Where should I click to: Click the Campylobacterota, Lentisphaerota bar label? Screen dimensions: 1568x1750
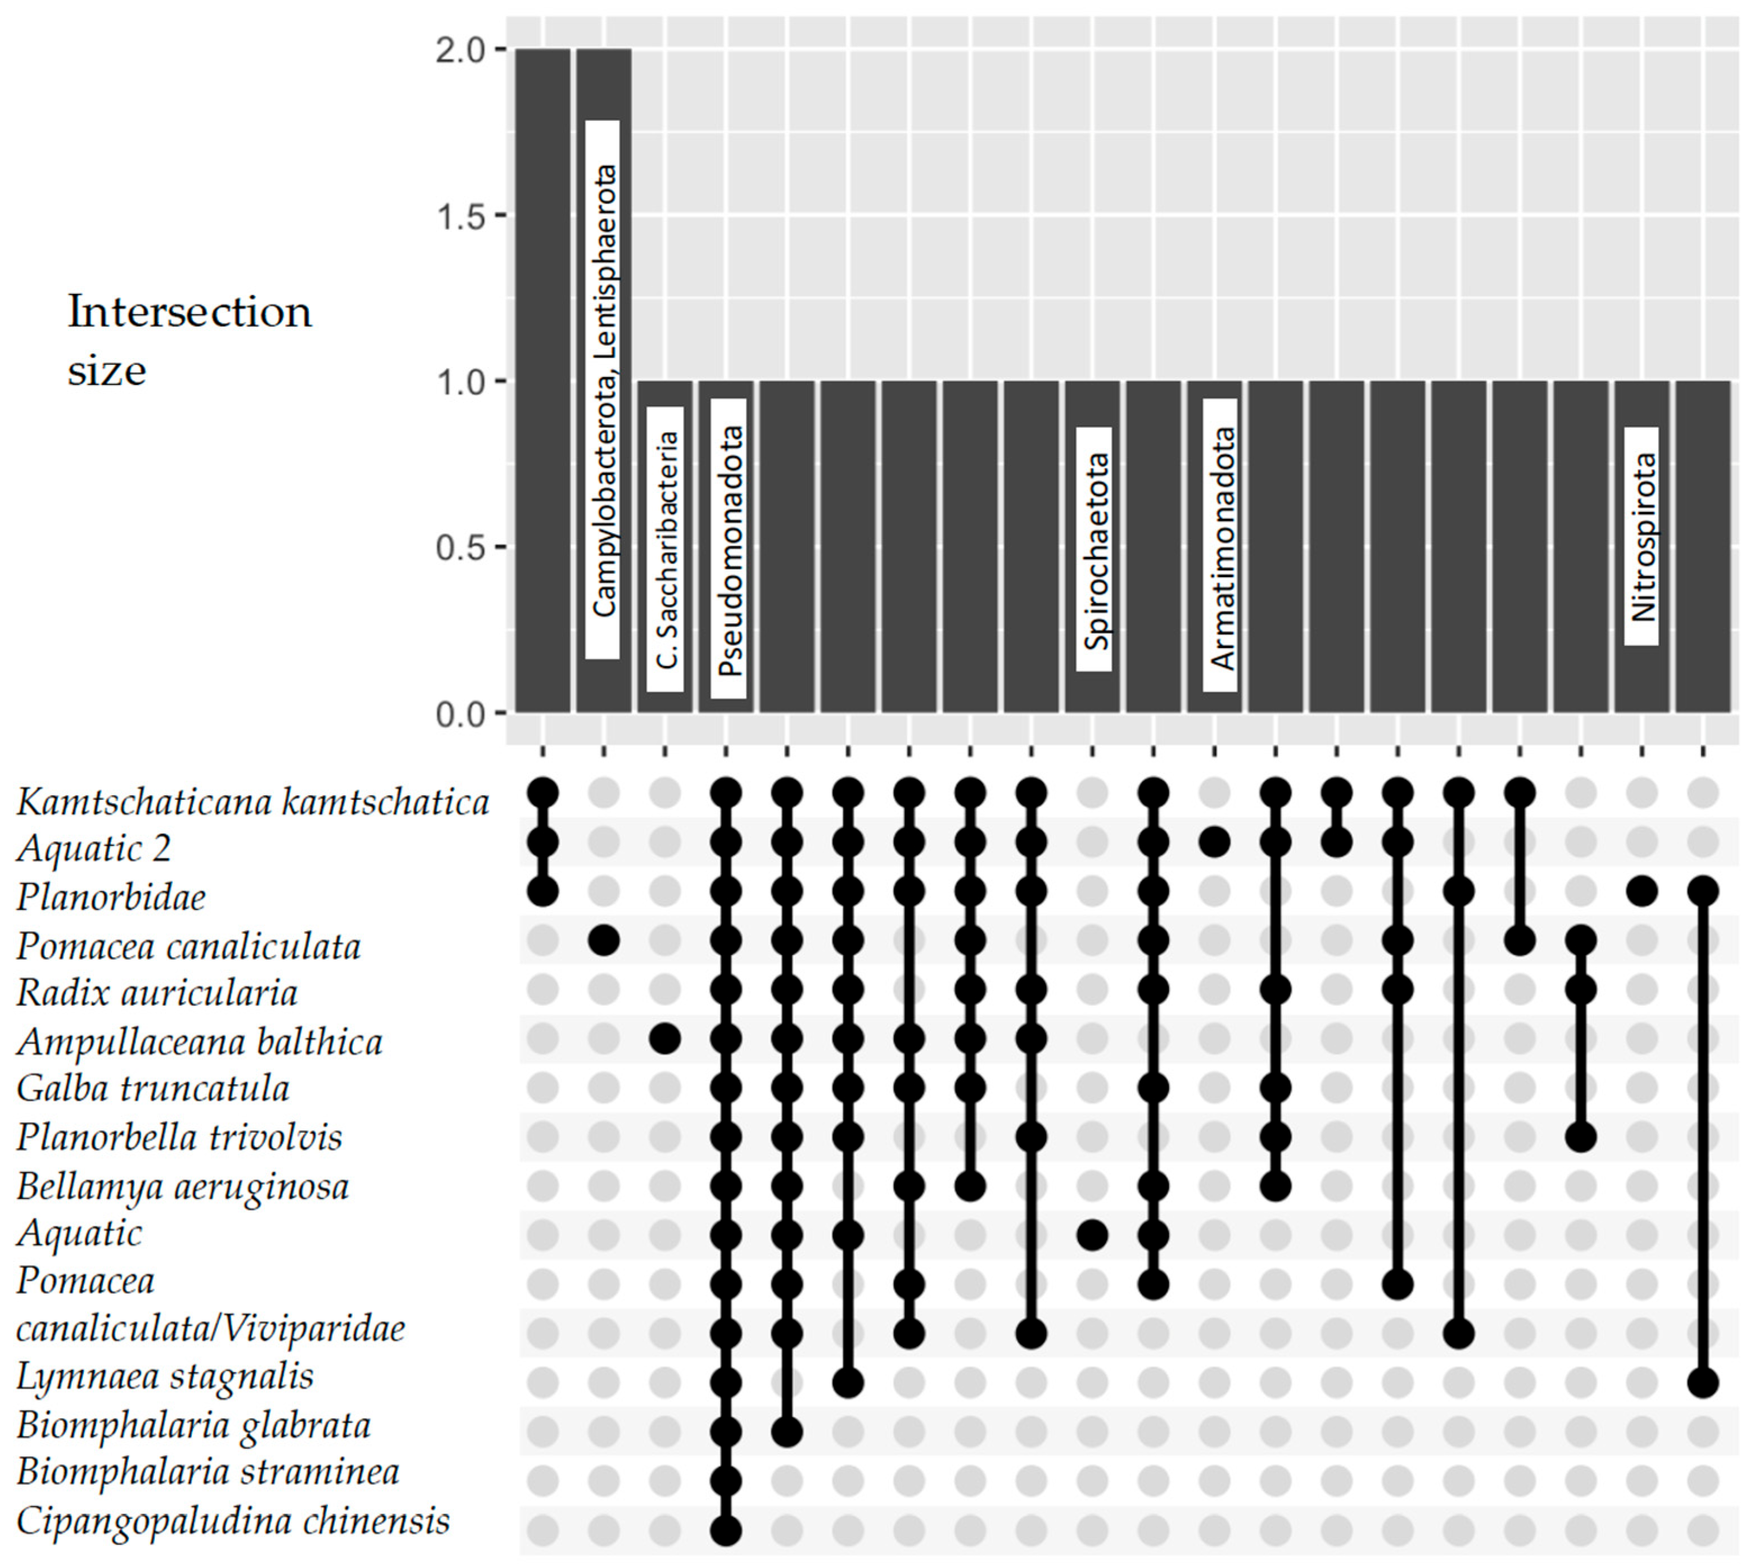[603, 389]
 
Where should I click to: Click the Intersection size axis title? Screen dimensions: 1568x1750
[189, 341]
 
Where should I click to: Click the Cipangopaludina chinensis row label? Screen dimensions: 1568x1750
[233, 1521]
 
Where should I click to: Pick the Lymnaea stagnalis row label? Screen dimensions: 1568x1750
[165, 1375]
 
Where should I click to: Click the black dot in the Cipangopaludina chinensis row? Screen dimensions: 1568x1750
[726, 1530]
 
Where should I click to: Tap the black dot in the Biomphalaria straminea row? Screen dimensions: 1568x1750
[726, 1481]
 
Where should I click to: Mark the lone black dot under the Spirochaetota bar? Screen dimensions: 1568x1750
[1093, 1235]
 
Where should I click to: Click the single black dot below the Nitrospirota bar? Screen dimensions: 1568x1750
[1642, 891]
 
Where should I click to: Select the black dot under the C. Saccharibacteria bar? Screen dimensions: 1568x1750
[665, 1039]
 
